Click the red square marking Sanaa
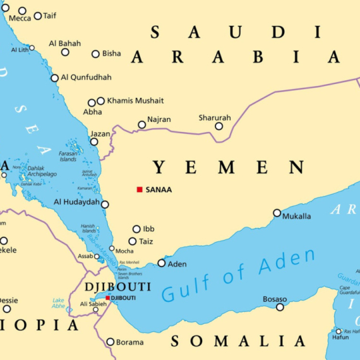[x=140, y=189]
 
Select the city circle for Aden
[x=162, y=263]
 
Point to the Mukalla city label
[x=296, y=217]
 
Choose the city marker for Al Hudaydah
[x=105, y=205]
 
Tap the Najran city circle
[x=142, y=125]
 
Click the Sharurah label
[x=215, y=117]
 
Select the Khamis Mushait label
[x=135, y=100]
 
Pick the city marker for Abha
[x=92, y=103]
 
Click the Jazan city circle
[x=94, y=142]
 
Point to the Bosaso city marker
[x=280, y=308]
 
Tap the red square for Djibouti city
[x=108, y=298]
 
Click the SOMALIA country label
[x=238, y=342]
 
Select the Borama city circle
[x=111, y=342]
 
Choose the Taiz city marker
[x=133, y=241]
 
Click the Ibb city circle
[x=136, y=229]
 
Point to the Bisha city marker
[x=95, y=54]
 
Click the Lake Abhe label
[x=58, y=303]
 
